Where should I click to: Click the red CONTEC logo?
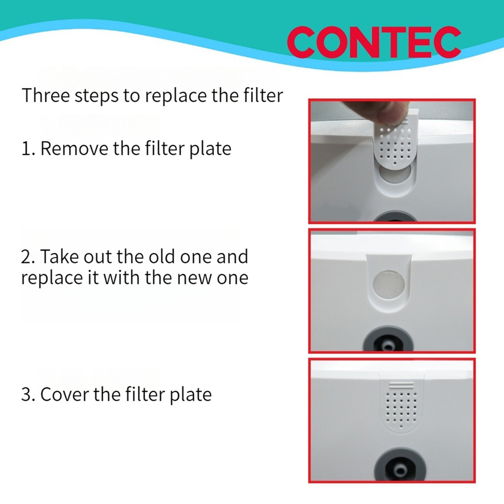[374, 43]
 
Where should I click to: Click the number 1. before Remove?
[28, 148]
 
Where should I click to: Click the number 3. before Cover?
[28, 394]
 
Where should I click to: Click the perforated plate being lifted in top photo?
[396, 141]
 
